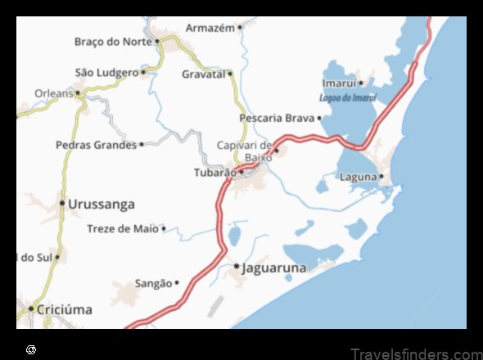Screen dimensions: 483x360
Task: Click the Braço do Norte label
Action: point(112,41)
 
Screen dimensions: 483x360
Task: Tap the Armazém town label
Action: point(210,28)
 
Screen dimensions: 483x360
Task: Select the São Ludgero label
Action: point(106,73)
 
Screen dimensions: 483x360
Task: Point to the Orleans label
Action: point(54,93)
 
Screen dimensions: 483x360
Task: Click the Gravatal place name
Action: point(203,74)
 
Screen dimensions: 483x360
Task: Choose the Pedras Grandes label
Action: point(96,145)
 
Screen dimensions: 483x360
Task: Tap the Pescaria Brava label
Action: point(277,118)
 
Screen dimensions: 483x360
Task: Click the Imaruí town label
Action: point(339,83)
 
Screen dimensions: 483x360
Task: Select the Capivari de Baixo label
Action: point(243,151)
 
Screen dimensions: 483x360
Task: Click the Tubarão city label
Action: point(214,173)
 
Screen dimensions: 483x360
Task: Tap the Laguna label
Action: point(359,177)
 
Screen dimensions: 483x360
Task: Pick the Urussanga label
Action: point(102,204)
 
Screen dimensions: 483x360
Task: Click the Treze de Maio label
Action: point(123,229)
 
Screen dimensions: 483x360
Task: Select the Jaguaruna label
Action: point(274,268)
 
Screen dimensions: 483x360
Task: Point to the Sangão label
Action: point(153,283)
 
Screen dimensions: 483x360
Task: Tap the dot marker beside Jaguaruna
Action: point(237,267)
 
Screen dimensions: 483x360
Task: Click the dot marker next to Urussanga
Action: point(61,203)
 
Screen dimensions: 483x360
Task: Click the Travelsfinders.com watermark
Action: point(415,353)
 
